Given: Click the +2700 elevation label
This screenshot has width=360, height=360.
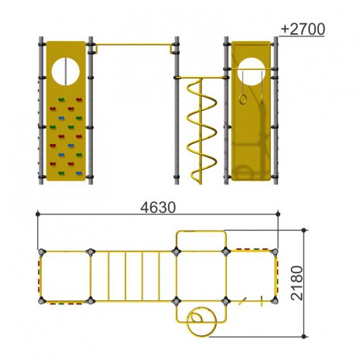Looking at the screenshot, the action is pyautogui.click(x=303, y=29).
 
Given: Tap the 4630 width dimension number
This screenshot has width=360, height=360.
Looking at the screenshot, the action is pyautogui.click(x=158, y=207).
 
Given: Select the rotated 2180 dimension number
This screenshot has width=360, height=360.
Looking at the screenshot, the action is pyautogui.click(x=297, y=283).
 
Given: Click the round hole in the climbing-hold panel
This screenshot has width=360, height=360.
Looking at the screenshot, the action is pyautogui.click(x=66, y=71).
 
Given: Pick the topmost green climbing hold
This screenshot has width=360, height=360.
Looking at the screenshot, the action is pyautogui.click(x=61, y=100).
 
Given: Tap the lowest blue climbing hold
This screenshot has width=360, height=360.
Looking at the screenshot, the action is pyautogui.click(x=79, y=173).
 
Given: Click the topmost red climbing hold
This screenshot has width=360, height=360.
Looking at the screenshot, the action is pyautogui.click(x=79, y=100).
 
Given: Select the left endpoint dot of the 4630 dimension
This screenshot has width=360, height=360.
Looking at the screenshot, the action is pyautogui.click(x=38, y=214).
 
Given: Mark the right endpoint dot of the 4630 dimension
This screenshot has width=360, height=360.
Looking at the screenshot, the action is pyautogui.click(x=278, y=214).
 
